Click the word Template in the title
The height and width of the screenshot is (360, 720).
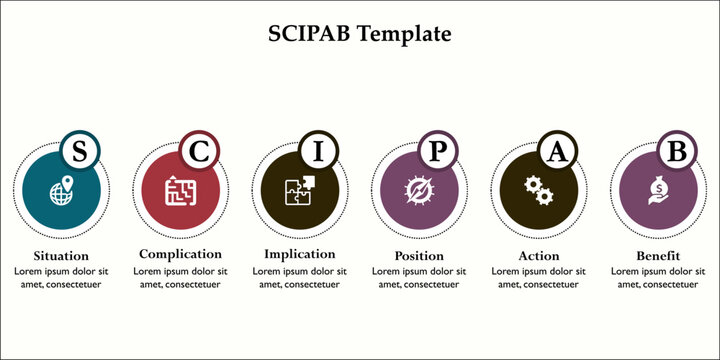(404, 34)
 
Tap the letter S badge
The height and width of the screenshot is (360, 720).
(79, 152)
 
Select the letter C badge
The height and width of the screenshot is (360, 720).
(199, 152)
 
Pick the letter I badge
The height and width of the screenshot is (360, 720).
(319, 152)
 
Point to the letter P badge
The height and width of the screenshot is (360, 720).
(438, 152)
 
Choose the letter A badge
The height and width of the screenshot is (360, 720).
(557, 152)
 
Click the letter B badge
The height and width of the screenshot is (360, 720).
(677, 152)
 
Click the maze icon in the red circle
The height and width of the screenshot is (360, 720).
(179, 190)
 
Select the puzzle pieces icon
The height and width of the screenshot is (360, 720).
(299, 189)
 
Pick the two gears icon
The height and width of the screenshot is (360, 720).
(538, 189)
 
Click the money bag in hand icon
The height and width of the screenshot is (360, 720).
(658, 190)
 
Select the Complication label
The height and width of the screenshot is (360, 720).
(180, 254)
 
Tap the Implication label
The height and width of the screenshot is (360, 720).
(299, 254)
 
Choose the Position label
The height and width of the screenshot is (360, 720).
(418, 255)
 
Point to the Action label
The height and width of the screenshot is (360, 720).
(538, 255)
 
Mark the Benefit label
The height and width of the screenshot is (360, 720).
(657, 255)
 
